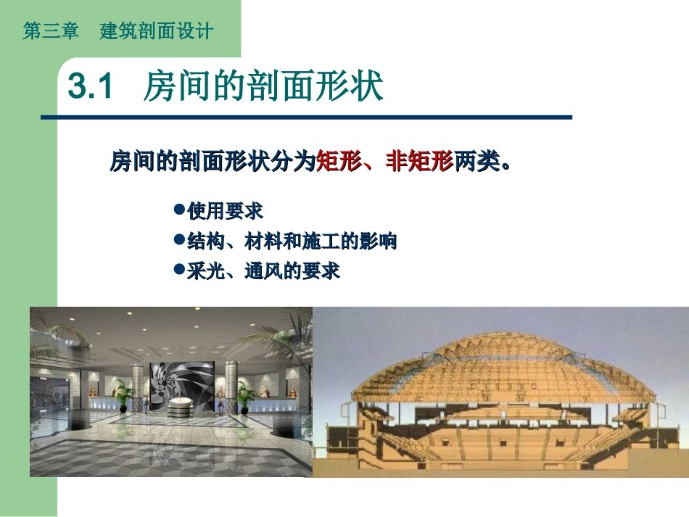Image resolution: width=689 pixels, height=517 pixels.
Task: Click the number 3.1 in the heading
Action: point(90,88)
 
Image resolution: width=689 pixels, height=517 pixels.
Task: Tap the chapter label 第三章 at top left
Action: point(50,32)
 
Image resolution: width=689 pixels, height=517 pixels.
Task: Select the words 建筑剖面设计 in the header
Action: point(157,32)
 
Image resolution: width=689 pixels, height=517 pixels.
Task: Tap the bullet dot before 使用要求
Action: point(179,210)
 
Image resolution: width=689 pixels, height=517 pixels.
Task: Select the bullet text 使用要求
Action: point(225,211)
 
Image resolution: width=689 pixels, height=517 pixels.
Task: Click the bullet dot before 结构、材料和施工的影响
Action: point(179,239)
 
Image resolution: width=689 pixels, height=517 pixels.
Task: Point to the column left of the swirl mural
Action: point(137,384)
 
